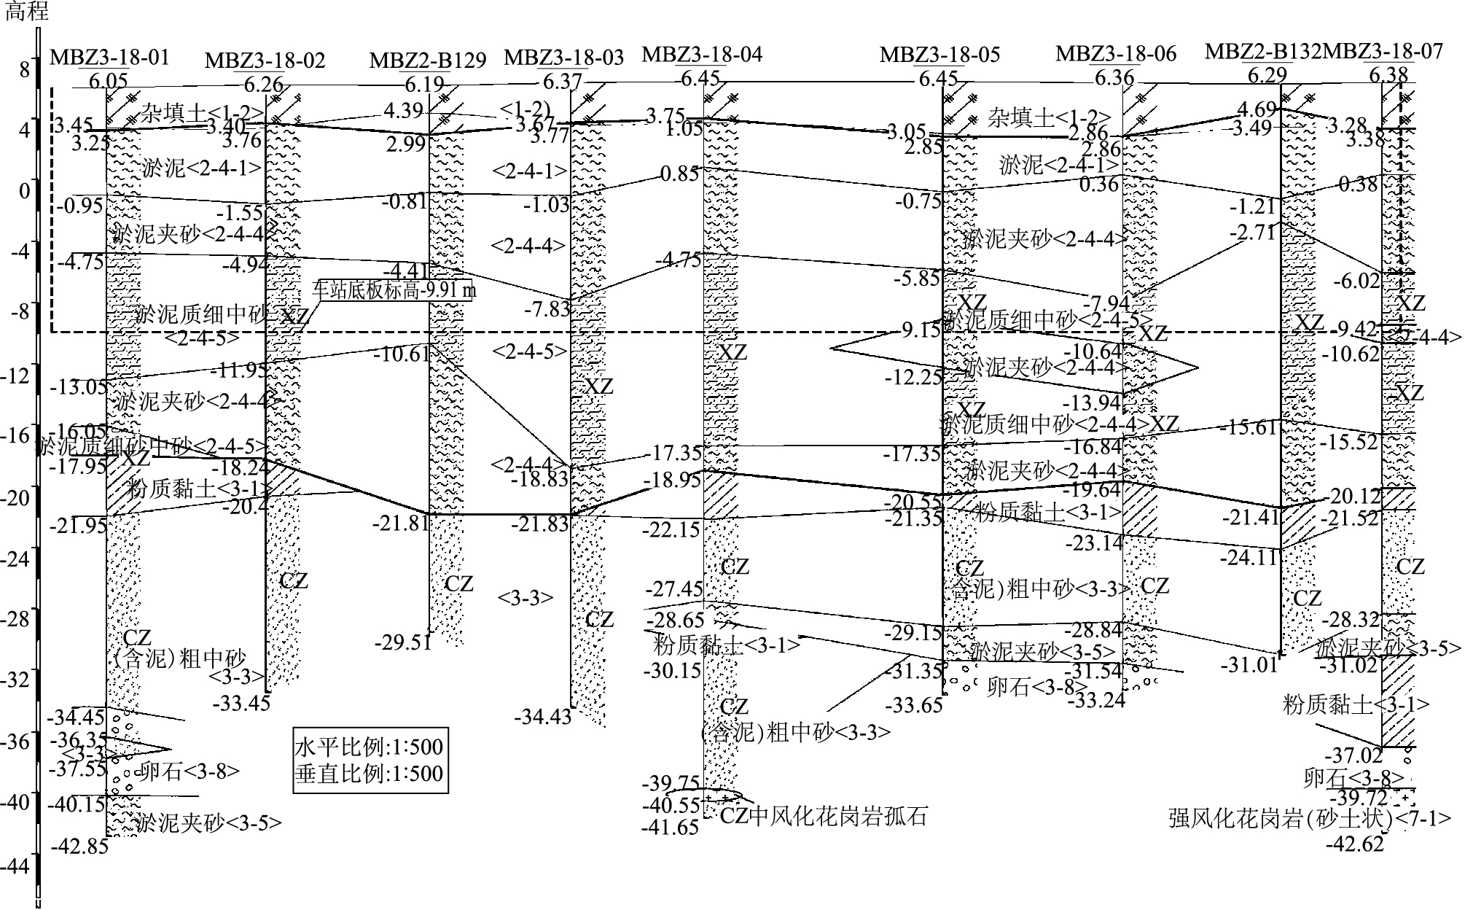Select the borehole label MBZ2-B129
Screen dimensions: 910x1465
tap(427, 61)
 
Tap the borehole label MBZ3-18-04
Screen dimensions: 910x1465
tap(702, 54)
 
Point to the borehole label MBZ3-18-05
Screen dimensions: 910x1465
tap(939, 55)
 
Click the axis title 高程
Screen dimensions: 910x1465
tap(27, 12)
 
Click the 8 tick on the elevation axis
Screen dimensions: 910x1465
tap(25, 69)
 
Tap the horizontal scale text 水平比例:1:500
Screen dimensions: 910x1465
tap(369, 747)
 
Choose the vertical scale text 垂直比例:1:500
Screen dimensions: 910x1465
tap(369, 773)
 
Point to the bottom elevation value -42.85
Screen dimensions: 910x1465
tap(79, 847)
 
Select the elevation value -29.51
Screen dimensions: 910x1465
tap(404, 642)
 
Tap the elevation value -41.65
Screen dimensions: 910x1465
tap(671, 828)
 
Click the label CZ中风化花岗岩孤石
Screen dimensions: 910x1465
tap(824, 816)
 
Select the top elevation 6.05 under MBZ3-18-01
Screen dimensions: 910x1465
tap(108, 81)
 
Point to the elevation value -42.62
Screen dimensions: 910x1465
tap(1354, 844)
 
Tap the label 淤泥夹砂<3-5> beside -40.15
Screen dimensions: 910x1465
tap(208, 823)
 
